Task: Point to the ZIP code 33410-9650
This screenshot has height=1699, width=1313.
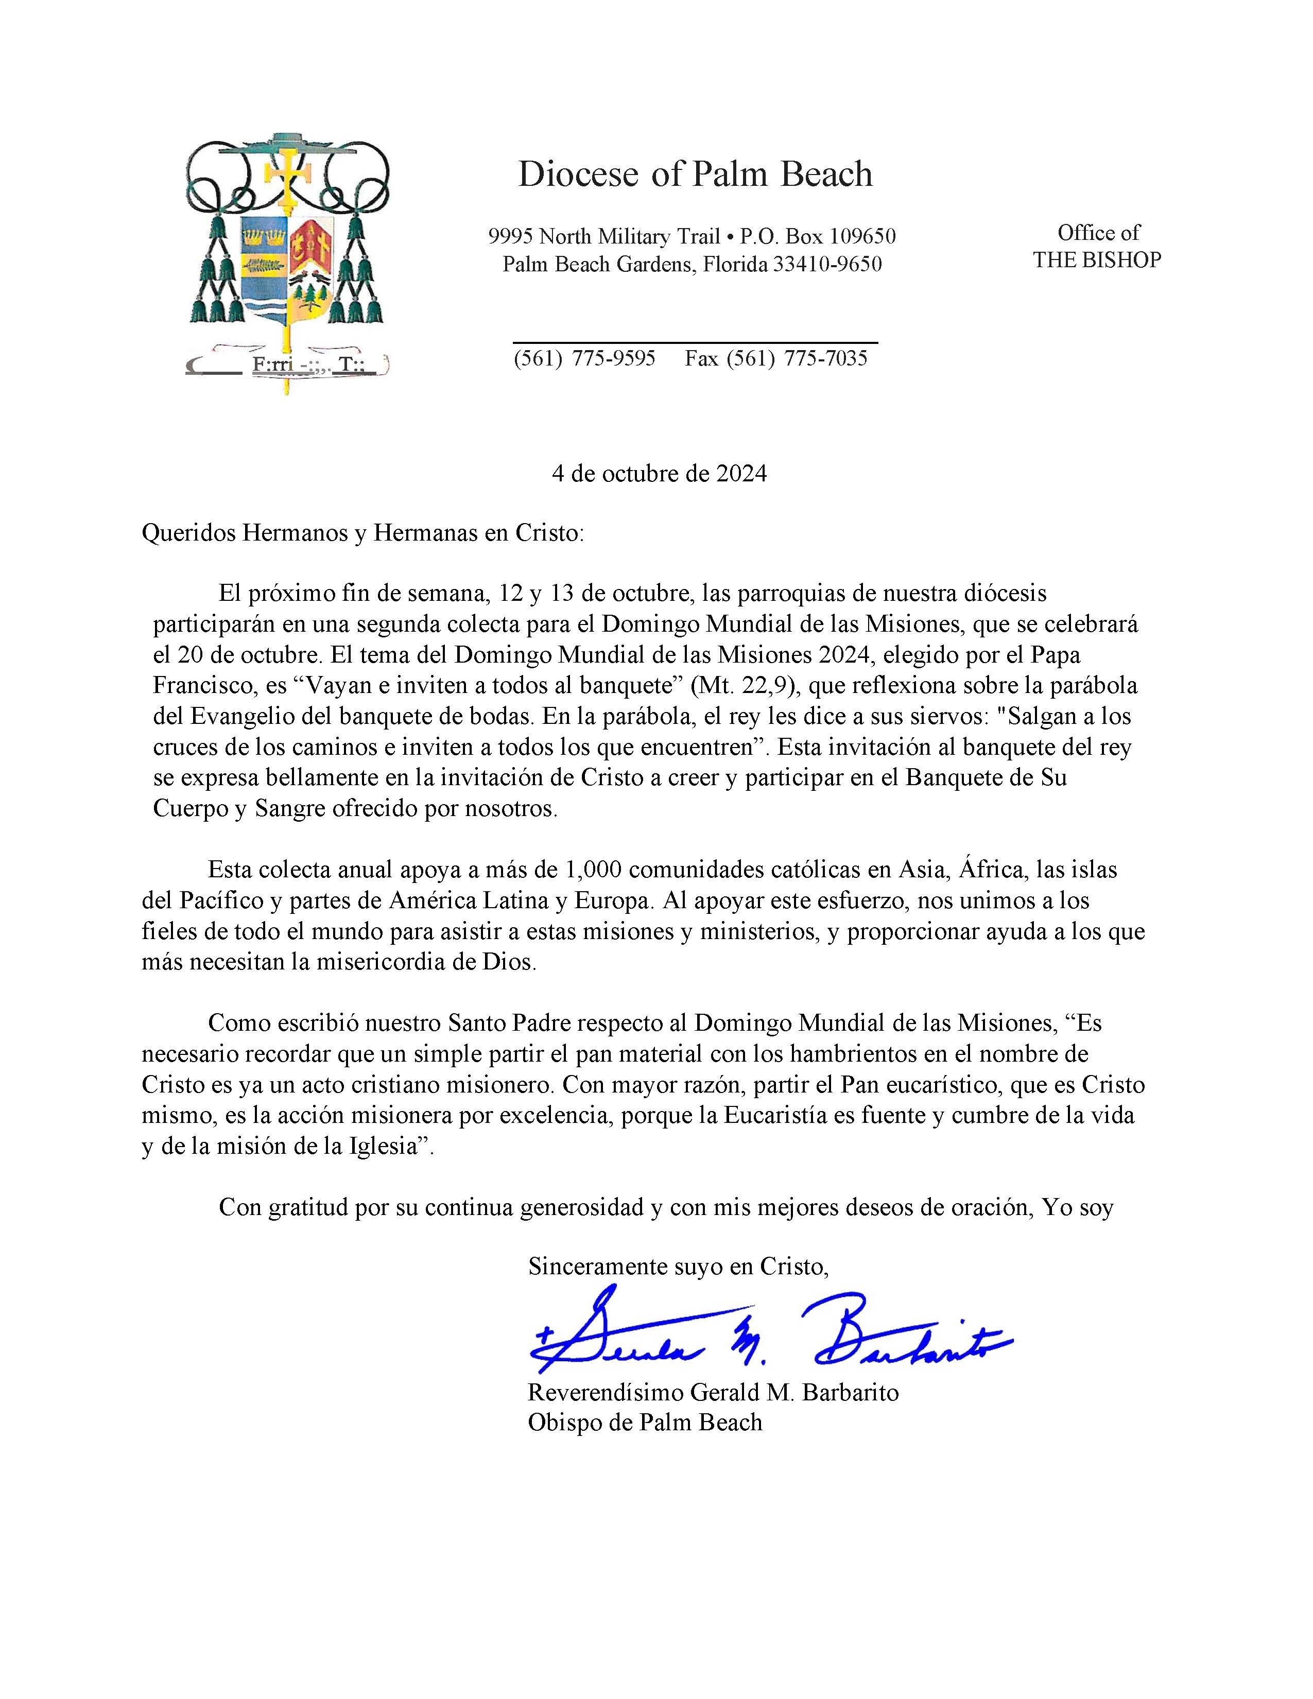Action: pyautogui.click(x=827, y=265)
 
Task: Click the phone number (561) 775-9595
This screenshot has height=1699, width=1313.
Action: pyautogui.click(x=584, y=359)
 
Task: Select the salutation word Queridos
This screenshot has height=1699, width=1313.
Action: pyautogui.click(x=187, y=534)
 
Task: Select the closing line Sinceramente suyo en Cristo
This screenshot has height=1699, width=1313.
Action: pyautogui.click(x=678, y=1267)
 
